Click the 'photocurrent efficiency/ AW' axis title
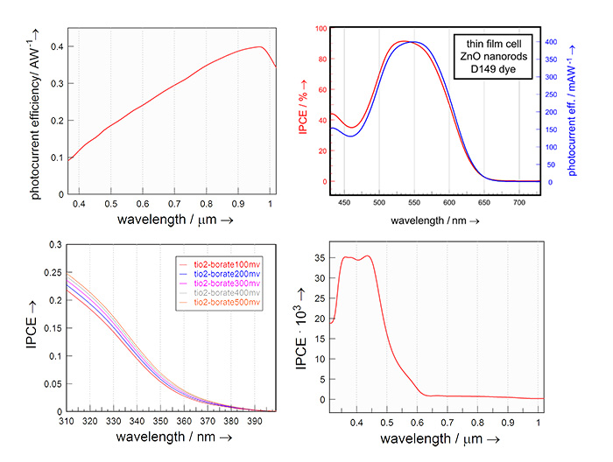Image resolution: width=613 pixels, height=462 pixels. [34, 110]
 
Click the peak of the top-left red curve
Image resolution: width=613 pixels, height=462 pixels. [260, 47]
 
